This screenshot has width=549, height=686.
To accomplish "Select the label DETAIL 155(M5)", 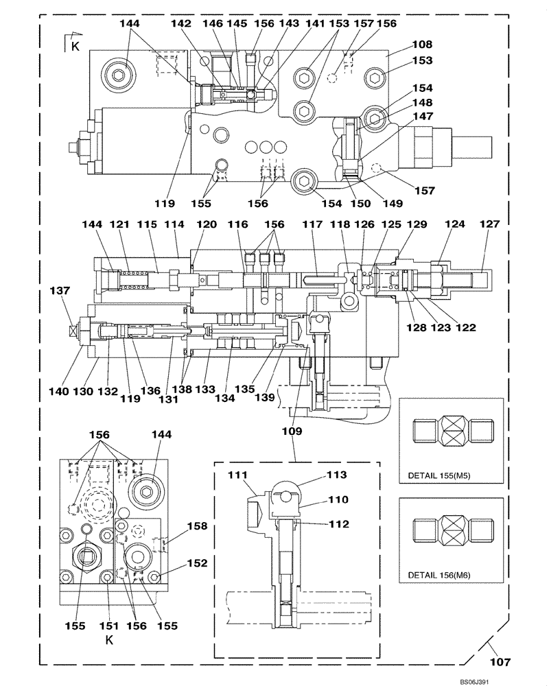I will click(442, 474).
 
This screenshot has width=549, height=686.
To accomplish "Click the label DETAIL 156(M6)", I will click(442, 573).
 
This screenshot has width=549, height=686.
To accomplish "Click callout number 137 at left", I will click(59, 291).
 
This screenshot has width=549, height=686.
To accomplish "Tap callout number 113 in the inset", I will click(338, 474).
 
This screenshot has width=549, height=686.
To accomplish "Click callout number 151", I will click(109, 625).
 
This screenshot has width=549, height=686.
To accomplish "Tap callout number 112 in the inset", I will click(338, 525).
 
